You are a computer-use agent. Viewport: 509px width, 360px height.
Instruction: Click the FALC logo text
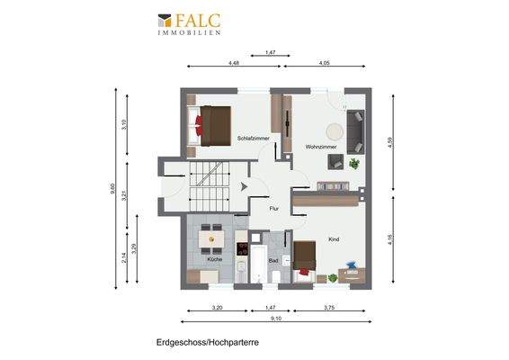[198, 19]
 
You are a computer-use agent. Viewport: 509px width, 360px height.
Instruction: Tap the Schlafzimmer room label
[253, 139]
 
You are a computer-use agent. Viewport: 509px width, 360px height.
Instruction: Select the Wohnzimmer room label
[321, 146]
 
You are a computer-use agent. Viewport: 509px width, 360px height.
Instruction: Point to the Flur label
[273, 209]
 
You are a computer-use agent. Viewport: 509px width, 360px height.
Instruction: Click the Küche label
[214, 259]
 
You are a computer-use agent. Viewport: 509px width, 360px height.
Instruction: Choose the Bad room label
[272, 259]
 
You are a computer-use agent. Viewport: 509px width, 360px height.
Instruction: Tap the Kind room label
[334, 239]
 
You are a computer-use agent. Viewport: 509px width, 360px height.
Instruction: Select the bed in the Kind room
[303, 257]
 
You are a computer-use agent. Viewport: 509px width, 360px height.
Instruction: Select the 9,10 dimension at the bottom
[277, 318]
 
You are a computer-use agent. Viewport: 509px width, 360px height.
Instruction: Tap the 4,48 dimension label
[234, 63]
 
